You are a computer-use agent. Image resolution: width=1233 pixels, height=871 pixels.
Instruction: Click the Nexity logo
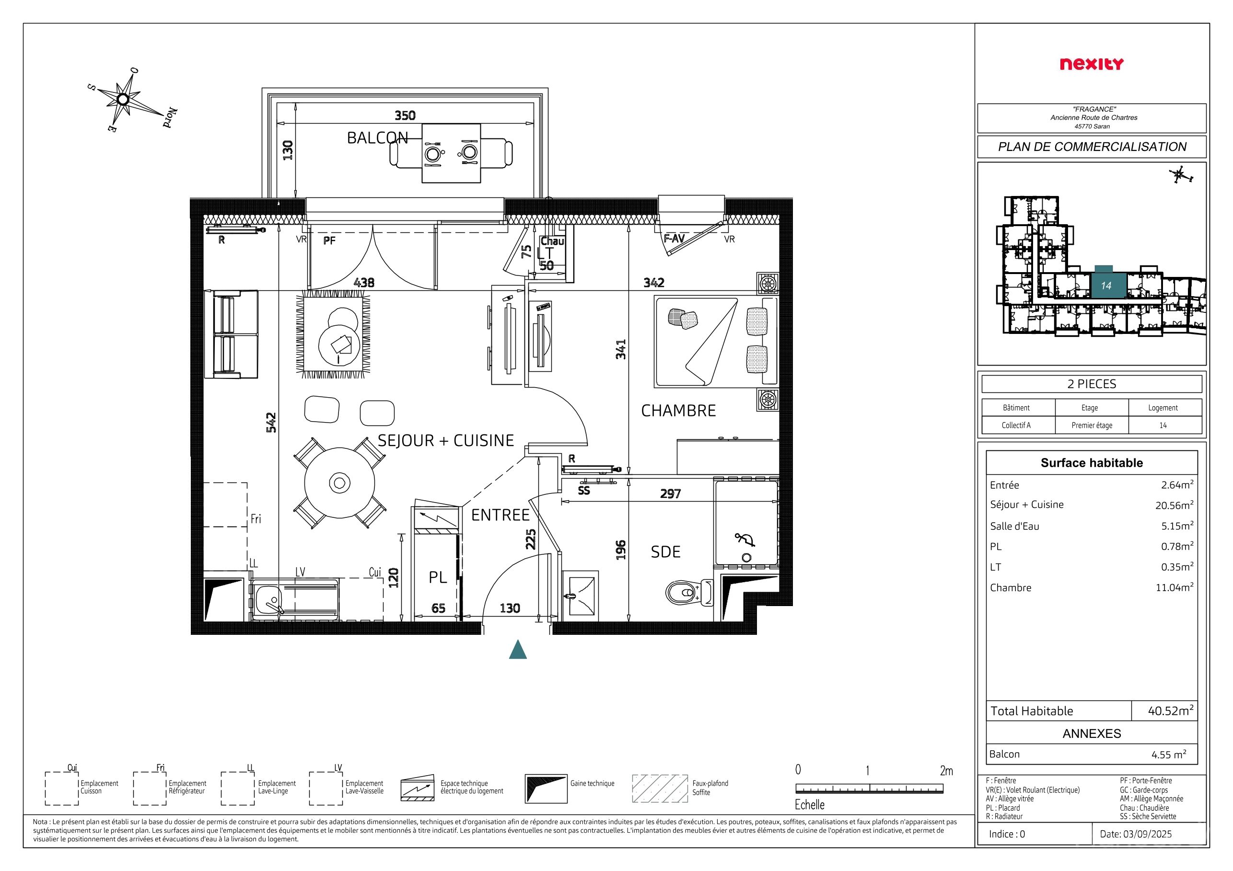[x=1091, y=64]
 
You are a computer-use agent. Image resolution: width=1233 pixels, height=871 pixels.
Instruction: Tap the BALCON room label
[x=378, y=138]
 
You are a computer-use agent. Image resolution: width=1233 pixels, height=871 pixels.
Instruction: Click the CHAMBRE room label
[x=679, y=411]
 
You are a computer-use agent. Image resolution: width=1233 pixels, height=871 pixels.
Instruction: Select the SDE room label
[x=665, y=552]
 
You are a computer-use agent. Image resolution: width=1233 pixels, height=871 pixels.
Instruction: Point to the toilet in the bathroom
[x=688, y=593]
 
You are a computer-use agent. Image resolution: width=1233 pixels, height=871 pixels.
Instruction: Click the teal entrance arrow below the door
[x=518, y=649]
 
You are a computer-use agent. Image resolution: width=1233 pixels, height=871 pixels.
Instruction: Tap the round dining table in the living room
[x=339, y=483]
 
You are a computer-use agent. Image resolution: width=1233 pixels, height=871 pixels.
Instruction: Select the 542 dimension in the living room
[x=271, y=423]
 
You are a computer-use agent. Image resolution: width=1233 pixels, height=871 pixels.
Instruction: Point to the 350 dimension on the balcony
[x=405, y=115]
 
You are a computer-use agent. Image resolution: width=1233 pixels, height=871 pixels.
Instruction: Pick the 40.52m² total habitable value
[x=1170, y=711]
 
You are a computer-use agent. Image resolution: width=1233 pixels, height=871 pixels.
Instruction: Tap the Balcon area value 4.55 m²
[x=1169, y=754]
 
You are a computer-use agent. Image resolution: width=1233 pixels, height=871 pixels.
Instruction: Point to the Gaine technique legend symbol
[x=546, y=788]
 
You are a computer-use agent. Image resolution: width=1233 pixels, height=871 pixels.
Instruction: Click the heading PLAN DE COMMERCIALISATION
[x=1092, y=147]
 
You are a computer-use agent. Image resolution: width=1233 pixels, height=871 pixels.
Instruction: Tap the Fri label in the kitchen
[x=256, y=519]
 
